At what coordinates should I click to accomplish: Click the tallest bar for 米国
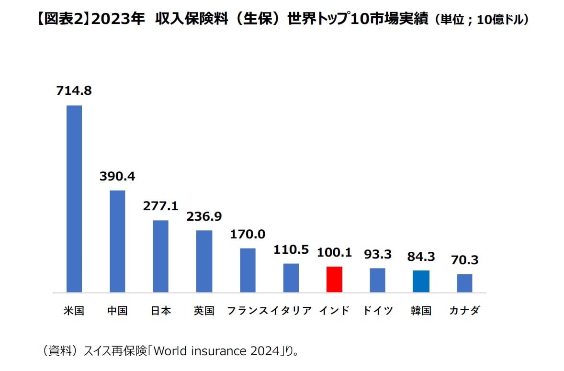[74, 199]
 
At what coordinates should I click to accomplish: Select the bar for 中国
[117, 241]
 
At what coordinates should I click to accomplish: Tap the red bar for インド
[334, 279]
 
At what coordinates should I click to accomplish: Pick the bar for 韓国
[421, 281]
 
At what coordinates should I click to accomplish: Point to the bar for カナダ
[464, 283]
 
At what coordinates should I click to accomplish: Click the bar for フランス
[248, 270]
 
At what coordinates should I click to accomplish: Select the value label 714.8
[74, 90]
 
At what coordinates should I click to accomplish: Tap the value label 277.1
[160, 206]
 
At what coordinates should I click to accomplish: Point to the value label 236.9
[204, 216]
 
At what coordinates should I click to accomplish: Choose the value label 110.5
[291, 249]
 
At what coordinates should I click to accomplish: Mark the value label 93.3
[377, 254]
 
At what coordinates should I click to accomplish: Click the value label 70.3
[464, 260]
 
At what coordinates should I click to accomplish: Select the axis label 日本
[160, 311]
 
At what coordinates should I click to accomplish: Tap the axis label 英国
[204, 311]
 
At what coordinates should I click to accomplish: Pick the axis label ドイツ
[377, 311]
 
